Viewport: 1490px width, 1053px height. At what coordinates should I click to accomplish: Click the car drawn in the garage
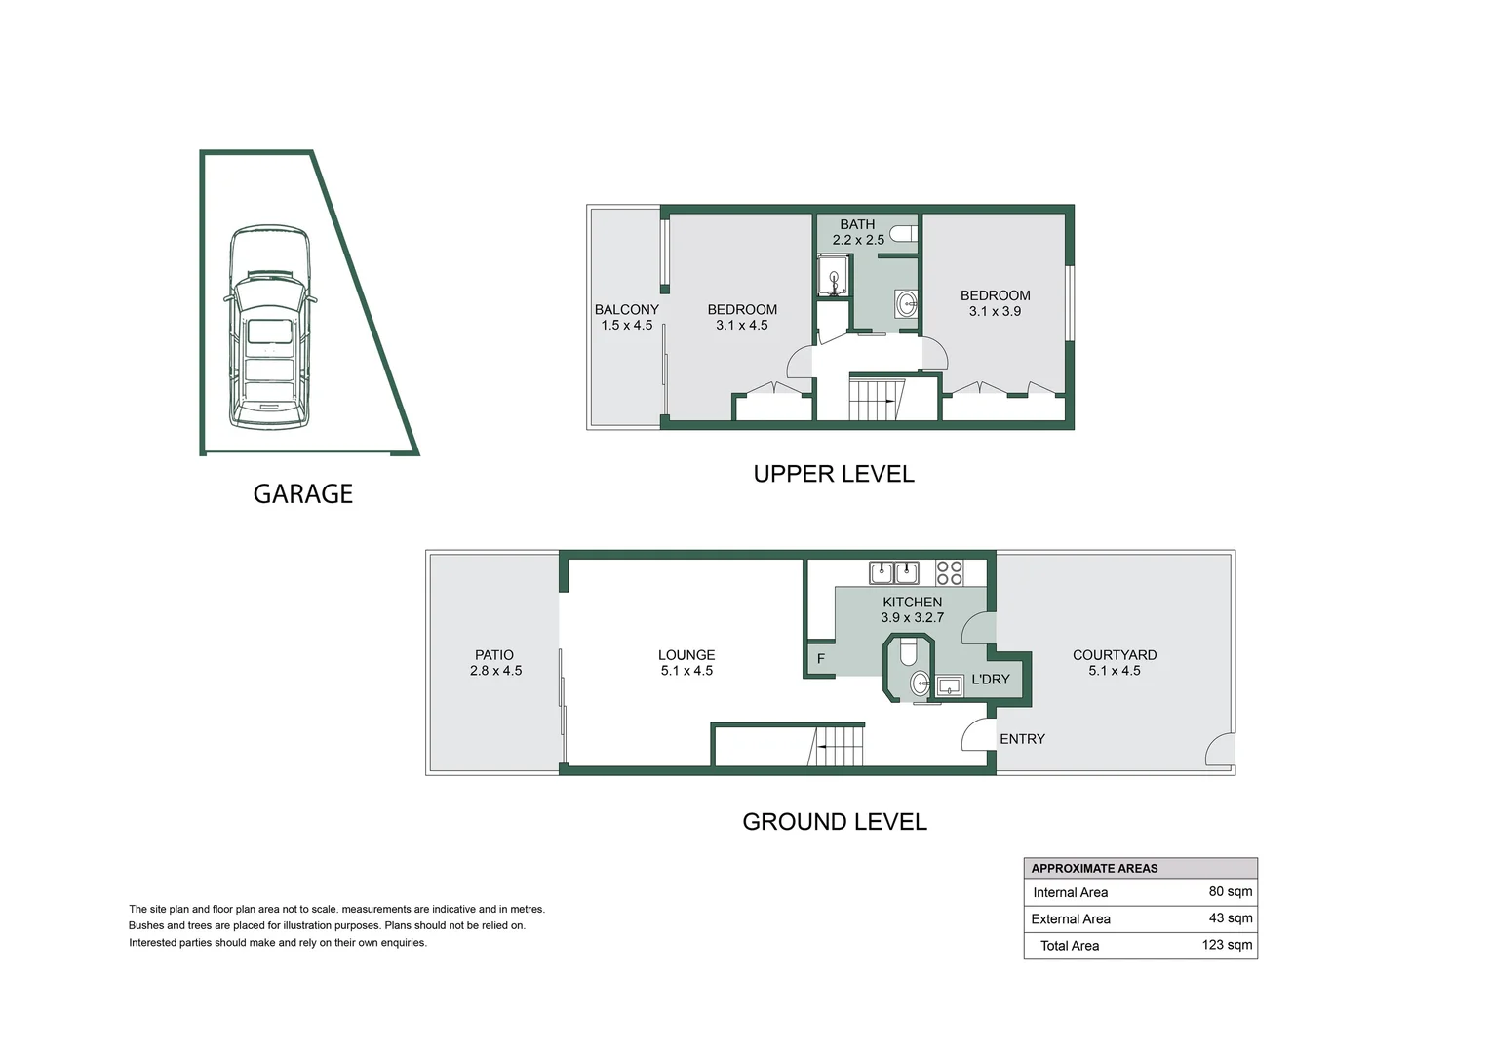[270, 329]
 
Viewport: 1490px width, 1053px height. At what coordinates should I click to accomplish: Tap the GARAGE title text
[302, 494]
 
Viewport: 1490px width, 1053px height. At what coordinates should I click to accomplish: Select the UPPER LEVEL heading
[834, 475]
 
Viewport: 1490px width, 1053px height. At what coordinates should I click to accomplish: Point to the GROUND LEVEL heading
[835, 822]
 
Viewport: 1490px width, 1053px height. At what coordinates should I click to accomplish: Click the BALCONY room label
[627, 310]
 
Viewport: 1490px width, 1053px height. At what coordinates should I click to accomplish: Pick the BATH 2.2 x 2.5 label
[858, 232]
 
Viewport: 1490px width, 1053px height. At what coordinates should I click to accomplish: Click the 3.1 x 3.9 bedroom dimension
[995, 312]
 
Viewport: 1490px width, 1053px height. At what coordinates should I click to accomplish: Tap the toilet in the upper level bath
[906, 234]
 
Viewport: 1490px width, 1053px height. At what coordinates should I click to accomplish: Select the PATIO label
[494, 655]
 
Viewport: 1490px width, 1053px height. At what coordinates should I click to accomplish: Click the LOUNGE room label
[686, 655]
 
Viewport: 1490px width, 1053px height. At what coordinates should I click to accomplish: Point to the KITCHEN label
[913, 603]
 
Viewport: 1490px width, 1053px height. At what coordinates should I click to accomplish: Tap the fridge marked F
[820, 659]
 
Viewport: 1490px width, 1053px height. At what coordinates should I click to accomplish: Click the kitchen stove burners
[950, 572]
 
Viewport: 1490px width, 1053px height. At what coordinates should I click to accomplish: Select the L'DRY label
[991, 680]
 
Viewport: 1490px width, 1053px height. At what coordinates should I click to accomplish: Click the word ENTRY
[1022, 739]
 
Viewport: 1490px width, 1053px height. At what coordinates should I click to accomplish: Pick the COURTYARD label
[1115, 655]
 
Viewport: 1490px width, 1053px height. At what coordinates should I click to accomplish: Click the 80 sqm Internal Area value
[1231, 891]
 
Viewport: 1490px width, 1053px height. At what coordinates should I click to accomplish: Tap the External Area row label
[1071, 918]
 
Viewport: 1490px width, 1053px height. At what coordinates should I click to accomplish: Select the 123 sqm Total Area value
[1227, 945]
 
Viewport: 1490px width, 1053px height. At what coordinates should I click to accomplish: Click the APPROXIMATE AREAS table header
[1094, 868]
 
